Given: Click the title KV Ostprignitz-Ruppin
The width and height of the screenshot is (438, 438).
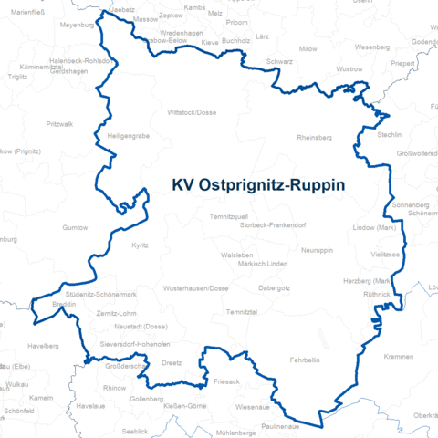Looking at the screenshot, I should pyautogui.click(x=258, y=184).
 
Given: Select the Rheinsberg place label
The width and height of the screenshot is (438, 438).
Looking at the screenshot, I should pyautogui.click(x=315, y=138).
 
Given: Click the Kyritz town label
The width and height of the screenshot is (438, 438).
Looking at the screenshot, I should pyautogui.click(x=140, y=246).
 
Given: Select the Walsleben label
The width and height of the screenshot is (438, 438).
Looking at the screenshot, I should pyautogui.click(x=236, y=255).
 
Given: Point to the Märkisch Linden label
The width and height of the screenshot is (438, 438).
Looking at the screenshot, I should pyautogui.click(x=263, y=264).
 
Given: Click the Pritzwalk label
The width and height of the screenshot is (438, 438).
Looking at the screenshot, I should pyautogui.click(x=59, y=123).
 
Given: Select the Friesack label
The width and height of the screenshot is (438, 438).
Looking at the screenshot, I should pyautogui.click(x=226, y=381).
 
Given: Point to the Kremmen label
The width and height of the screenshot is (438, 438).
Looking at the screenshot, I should pyautogui.click(x=399, y=356).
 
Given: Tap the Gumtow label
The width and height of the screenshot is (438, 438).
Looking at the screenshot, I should pyautogui.click(x=76, y=227).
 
